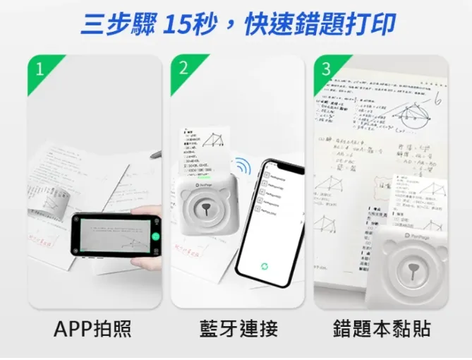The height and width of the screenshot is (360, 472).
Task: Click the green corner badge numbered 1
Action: (x=40, y=68)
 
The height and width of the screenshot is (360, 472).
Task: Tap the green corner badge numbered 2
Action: (x=183, y=68)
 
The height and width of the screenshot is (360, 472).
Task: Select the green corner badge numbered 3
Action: (x=325, y=69)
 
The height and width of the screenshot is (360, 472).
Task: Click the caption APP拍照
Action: (x=92, y=328)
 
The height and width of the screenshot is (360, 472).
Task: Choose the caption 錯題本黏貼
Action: (x=381, y=328)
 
